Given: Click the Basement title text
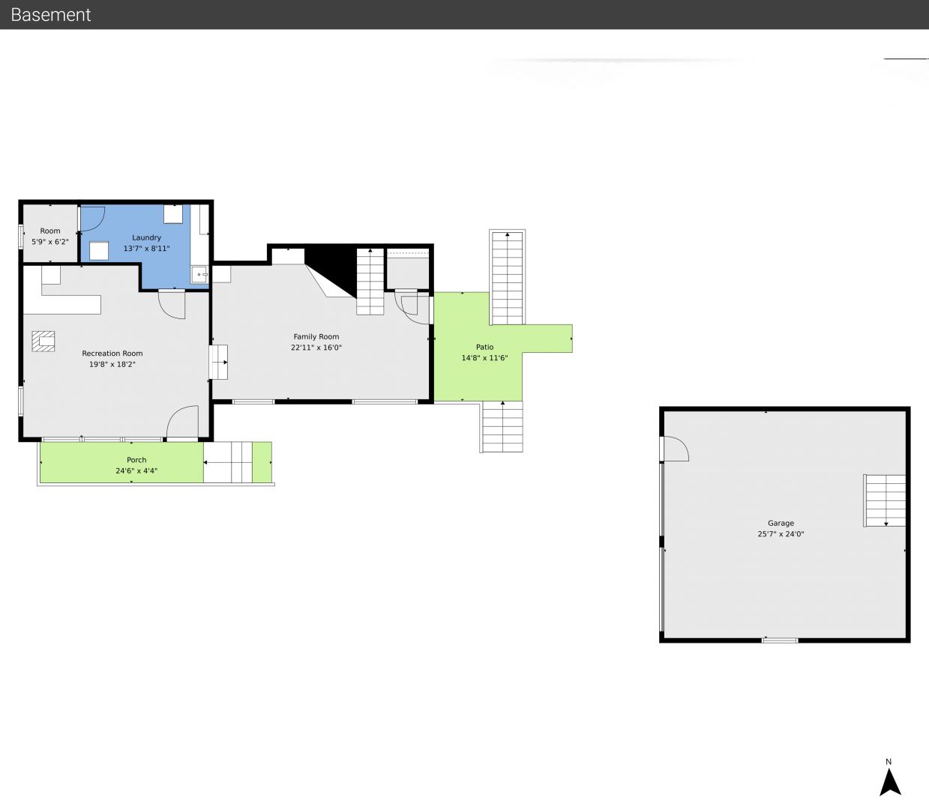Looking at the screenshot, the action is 50,15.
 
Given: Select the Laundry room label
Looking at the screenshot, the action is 146,237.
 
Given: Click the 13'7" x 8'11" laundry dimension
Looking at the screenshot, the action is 146,249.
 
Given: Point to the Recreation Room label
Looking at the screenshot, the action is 112,354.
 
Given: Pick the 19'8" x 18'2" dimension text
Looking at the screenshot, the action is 112,364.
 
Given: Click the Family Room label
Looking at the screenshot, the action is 316,336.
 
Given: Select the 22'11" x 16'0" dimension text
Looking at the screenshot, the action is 316,348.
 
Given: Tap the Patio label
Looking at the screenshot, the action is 484,347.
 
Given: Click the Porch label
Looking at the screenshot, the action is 136,460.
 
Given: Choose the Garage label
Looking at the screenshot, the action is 781,523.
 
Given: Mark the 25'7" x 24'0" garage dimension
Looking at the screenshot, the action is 781,534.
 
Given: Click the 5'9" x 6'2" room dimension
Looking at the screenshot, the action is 50,242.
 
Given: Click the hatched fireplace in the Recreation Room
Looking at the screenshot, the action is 43,342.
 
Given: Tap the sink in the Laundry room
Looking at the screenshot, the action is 199,275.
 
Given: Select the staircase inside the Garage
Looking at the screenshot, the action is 885,500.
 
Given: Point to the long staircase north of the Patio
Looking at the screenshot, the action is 507,277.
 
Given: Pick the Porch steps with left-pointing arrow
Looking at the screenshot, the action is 227,462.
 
